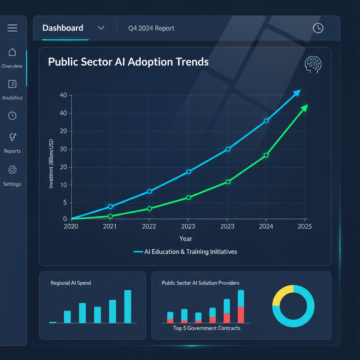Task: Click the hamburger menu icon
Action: click(x=12, y=28)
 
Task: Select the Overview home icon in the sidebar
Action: click(x=12, y=52)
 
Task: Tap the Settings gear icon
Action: click(x=12, y=170)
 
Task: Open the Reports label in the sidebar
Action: click(x=12, y=151)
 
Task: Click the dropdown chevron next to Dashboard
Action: click(x=101, y=28)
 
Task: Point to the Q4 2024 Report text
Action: click(x=151, y=28)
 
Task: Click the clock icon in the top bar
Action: click(x=318, y=28)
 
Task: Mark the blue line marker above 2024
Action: click(x=266, y=121)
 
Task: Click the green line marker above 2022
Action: click(x=149, y=208)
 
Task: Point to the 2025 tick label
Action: click(x=304, y=226)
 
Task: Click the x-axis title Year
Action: click(x=186, y=239)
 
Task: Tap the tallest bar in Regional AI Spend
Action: click(x=128, y=306)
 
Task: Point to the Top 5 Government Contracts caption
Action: click(x=207, y=328)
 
